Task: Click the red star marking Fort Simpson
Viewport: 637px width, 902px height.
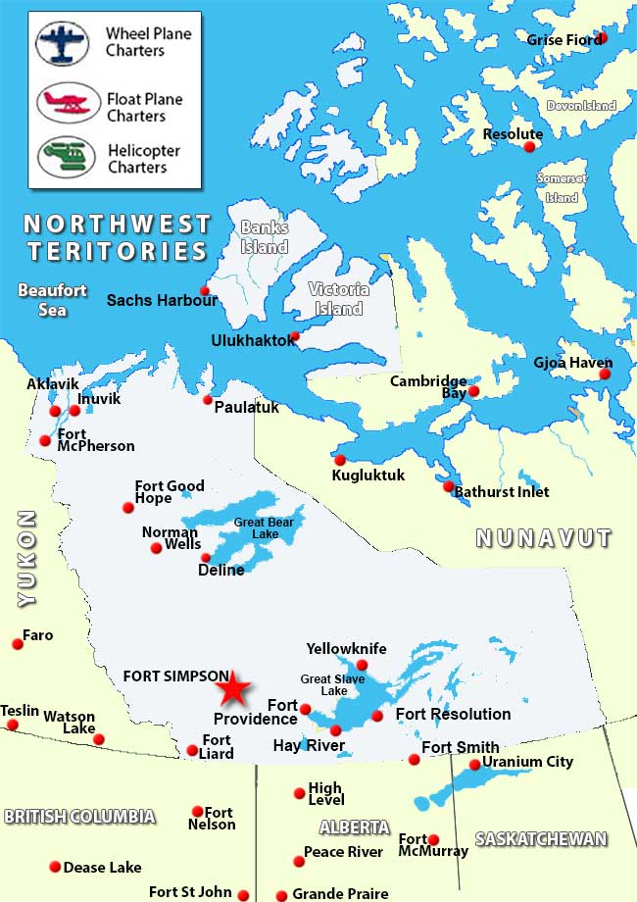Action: [x=232, y=689]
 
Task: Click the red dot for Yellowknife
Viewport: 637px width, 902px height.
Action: [x=362, y=665]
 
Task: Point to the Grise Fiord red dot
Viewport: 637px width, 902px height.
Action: [x=602, y=37]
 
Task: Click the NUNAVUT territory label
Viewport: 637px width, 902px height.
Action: [x=543, y=537]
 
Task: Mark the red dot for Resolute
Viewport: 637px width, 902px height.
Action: [x=529, y=147]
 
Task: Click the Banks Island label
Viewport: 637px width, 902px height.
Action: [x=265, y=236]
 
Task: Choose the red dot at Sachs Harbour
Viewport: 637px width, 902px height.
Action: [x=205, y=290]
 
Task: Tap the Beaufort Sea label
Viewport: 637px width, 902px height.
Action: [x=53, y=300]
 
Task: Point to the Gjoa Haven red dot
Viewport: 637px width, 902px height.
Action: [x=605, y=374]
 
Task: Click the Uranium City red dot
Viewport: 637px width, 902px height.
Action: [x=475, y=765]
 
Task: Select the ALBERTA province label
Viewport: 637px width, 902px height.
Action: [x=354, y=827]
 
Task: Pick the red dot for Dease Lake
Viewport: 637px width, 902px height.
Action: [x=54, y=867]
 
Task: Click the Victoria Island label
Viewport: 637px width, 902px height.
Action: [x=338, y=299]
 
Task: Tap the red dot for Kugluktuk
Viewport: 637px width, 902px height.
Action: [x=340, y=460]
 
